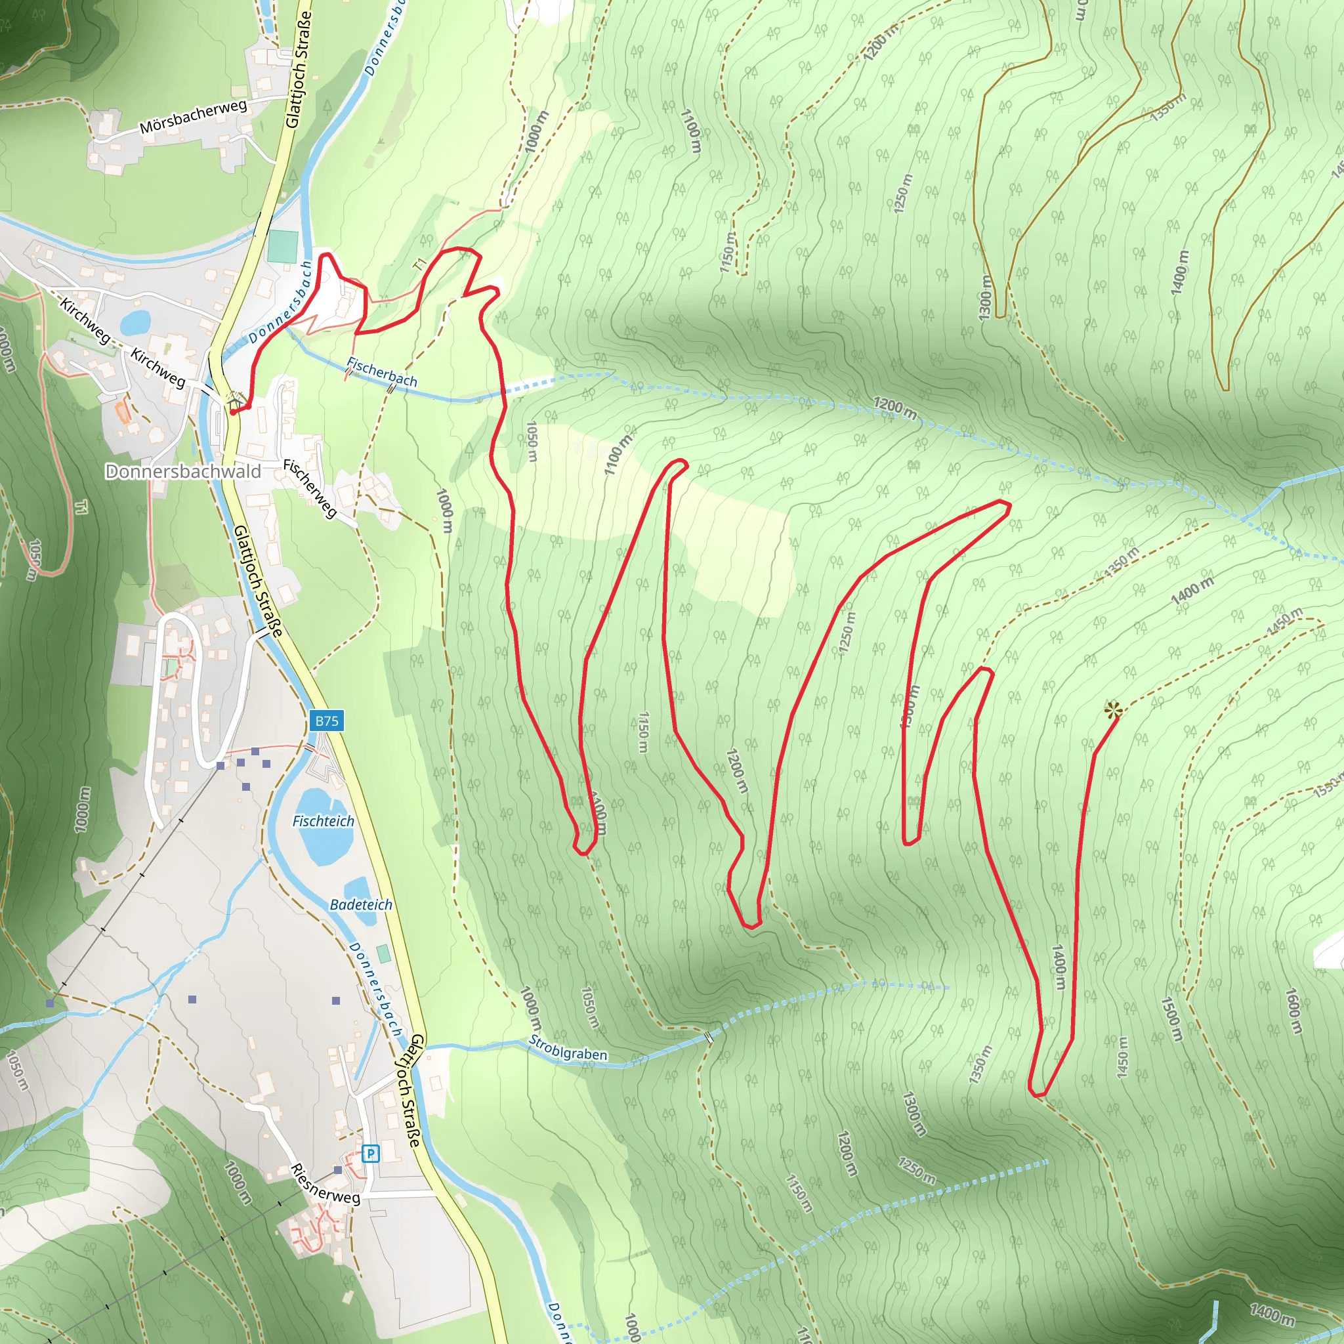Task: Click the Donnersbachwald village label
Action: tap(183, 472)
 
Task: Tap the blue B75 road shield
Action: tap(326, 721)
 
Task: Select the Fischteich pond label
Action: tap(323, 822)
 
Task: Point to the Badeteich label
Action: tap(360, 905)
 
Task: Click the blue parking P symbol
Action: tap(371, 1154)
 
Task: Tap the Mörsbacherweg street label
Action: tap(193, 117)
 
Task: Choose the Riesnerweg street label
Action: tap(325, 1183)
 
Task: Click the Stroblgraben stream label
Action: tap(568, 1048)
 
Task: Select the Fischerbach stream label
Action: tap(382, 372)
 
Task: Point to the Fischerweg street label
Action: tap(310, 488)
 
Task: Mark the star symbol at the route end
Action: tap(1113, 711)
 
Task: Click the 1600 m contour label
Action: tap(1293, 1011)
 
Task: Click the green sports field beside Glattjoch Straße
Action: tap(282, 246)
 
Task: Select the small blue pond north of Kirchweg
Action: tap(135, 322)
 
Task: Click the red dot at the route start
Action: tap(232, 412)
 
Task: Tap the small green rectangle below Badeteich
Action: tap(383, 954)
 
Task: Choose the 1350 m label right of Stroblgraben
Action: tap(980, 1065)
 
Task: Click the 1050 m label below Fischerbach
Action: tap(532, 441)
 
